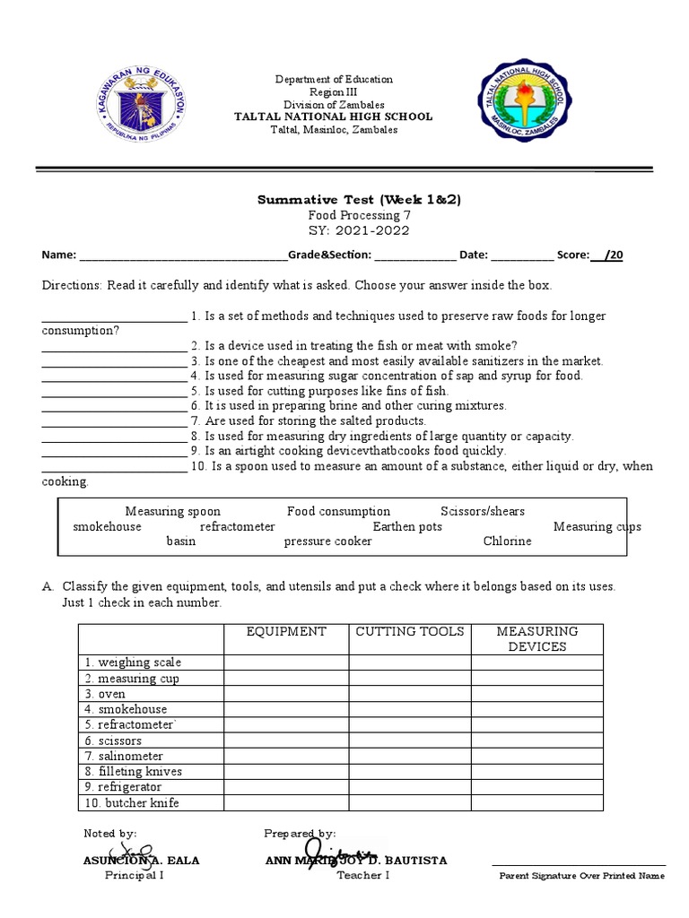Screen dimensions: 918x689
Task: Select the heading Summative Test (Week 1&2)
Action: coord(358,199)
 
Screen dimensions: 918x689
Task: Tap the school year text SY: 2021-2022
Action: coord(358,230)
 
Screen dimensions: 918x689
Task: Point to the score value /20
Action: coord(612,255)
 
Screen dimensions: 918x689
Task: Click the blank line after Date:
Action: coord(522,255)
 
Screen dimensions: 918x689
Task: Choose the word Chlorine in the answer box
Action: coord(507,541)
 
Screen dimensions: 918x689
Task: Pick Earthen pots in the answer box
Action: coord(407,527)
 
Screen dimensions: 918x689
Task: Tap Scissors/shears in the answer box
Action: coord(483,512)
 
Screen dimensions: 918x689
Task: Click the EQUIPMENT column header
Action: coord(286,632)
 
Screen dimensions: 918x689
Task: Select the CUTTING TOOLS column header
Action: coord(410,632)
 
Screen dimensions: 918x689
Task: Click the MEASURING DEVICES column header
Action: coord(536,639)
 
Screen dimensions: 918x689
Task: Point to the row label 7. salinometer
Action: coord(124,757)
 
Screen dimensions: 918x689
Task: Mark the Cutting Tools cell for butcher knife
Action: coord(410,803)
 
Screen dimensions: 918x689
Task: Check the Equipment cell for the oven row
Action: coord(286,694)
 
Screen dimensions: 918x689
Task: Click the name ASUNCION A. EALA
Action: coord(141,861)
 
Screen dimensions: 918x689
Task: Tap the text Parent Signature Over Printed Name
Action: coord(582,876)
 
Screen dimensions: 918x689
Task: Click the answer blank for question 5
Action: coord(114,392)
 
